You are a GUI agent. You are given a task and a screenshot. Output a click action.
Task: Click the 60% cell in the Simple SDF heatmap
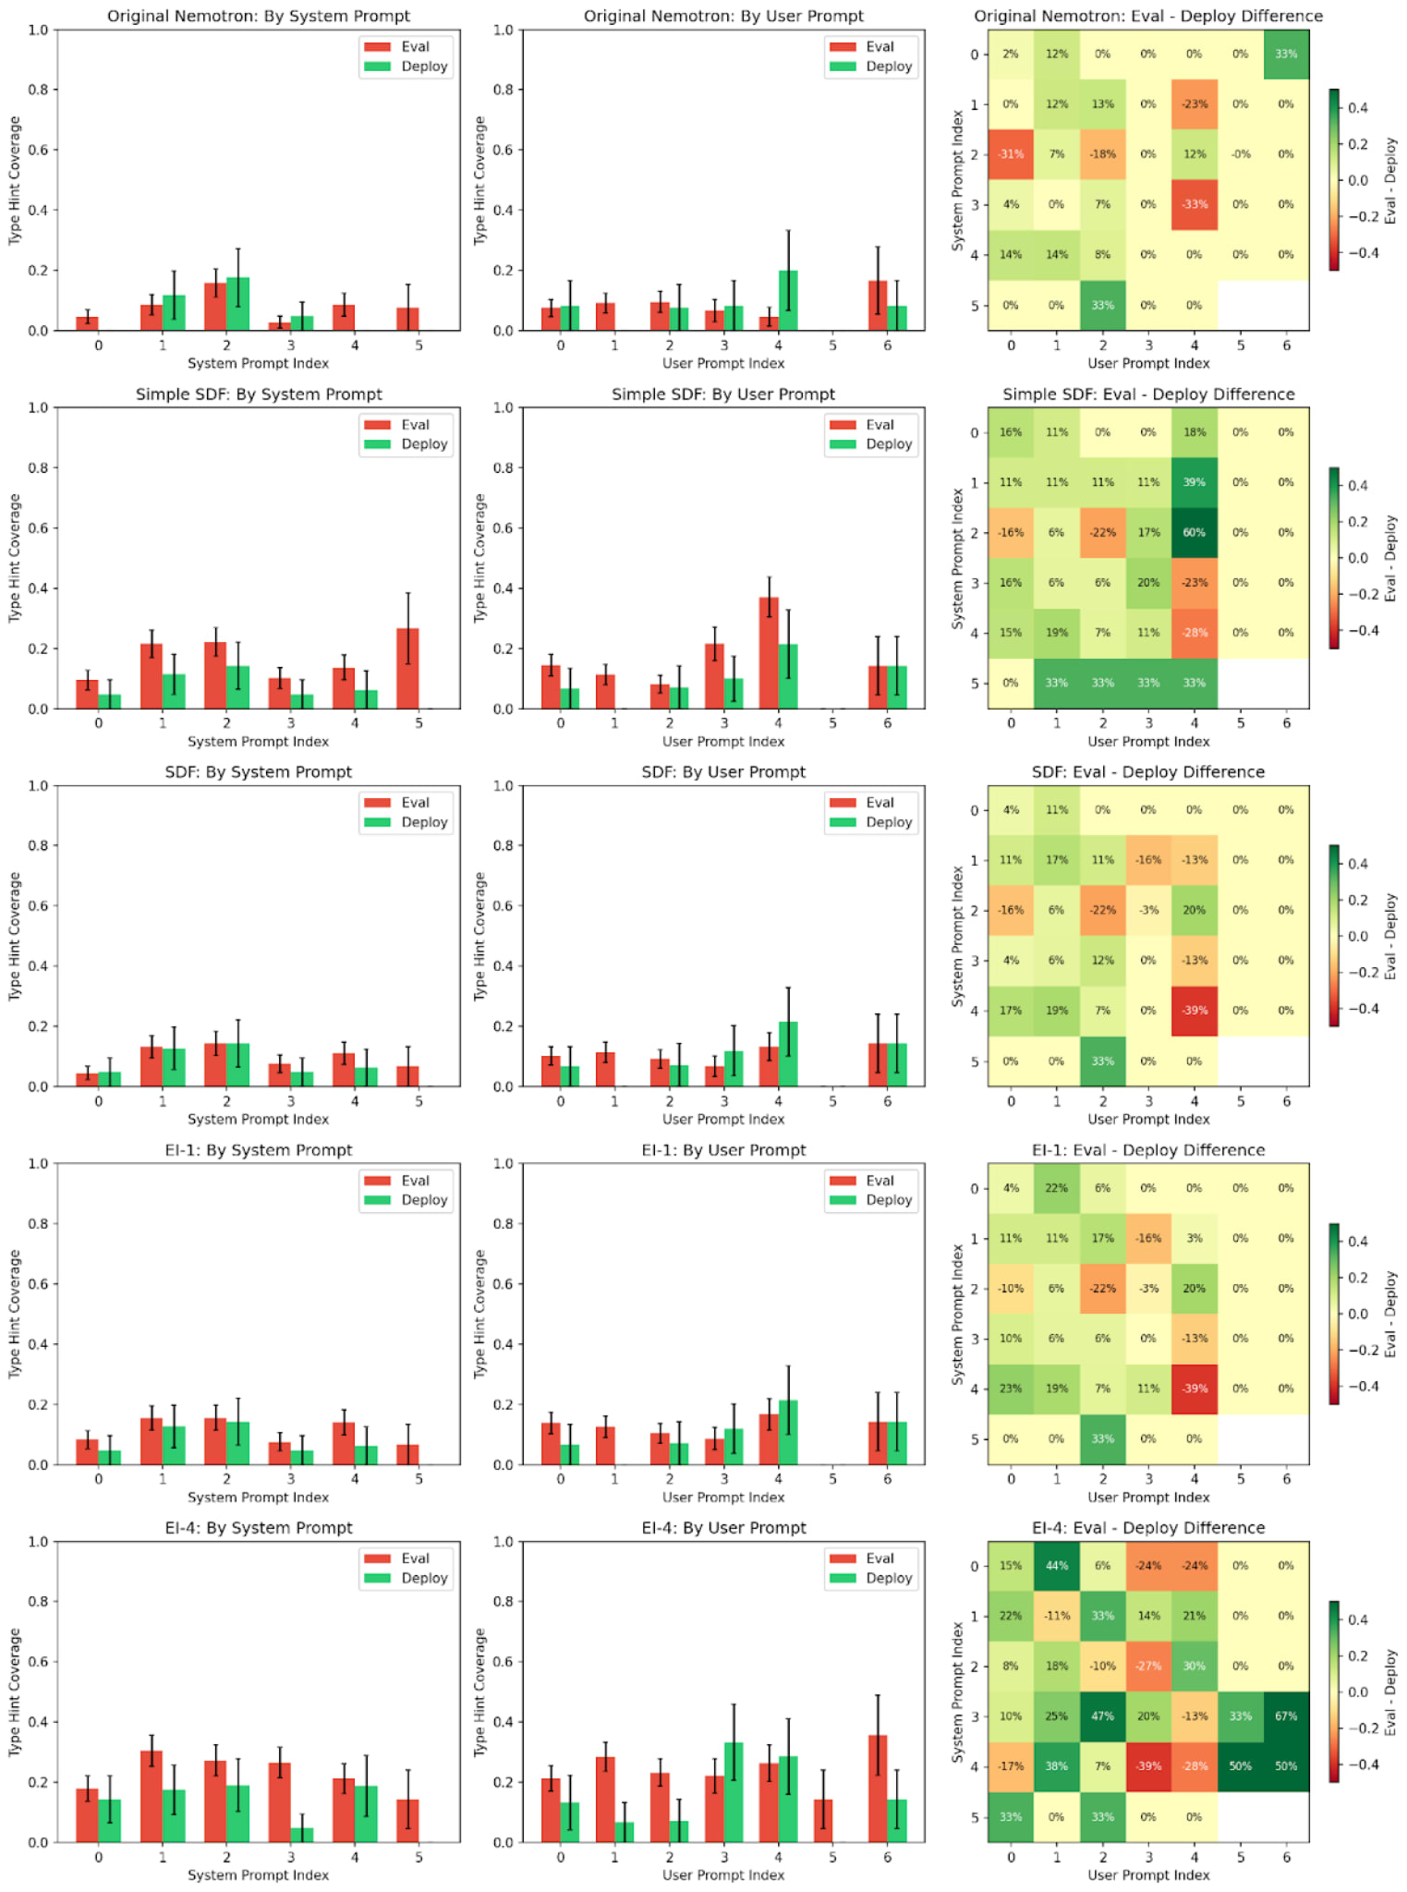click(1194, 533)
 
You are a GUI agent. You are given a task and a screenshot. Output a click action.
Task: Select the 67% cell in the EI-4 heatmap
click(1285, 1716)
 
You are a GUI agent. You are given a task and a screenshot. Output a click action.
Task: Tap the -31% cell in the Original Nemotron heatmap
click(1011, 154)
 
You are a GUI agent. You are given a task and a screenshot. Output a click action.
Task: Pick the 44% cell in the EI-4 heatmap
click(1056, 1566)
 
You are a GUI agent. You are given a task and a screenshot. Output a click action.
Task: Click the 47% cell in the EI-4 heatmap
click(1102, 1716)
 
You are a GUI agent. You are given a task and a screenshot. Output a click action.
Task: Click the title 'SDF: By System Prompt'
click(258, 771)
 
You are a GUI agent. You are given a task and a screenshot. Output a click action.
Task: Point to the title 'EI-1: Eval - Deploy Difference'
click(1147, 1150)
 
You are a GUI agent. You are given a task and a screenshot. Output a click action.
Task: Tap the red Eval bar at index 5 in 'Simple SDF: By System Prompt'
click(407, 669)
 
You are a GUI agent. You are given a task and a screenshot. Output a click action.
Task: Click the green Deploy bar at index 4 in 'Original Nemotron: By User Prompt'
click(788, 301)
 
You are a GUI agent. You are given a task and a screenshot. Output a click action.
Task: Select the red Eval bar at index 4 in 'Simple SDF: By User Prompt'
click(769, 653)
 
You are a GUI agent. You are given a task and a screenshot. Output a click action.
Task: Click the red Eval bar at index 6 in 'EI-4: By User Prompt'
click(878, 1789)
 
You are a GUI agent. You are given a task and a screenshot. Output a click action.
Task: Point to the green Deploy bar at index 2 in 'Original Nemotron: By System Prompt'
click(238, 304)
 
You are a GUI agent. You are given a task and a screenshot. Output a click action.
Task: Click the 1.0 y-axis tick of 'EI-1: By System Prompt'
click(38, 1164)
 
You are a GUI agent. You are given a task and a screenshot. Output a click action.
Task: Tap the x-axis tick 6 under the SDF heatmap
click(1286, 1101)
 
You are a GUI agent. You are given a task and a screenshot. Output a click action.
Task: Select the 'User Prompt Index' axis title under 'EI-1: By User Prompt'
click(722, 1498)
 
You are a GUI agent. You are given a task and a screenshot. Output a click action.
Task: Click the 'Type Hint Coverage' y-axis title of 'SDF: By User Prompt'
click(479, 936)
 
